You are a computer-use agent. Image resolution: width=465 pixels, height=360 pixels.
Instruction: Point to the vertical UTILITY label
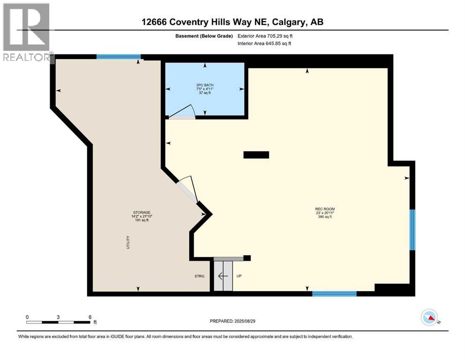[127, 242]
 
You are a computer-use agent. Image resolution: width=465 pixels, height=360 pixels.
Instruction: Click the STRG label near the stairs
[200, 276]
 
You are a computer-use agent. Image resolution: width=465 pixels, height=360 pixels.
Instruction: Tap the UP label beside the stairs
[239, 276]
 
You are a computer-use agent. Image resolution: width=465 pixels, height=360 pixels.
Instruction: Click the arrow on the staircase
[223, 276]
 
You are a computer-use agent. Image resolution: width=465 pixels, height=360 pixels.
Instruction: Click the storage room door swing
[188, 187]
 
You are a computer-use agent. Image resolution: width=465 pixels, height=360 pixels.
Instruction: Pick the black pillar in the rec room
[256, 155]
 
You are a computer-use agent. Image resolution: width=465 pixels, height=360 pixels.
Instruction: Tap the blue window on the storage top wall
[118, 57]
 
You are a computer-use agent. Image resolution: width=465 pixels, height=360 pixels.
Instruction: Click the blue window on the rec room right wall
[412, 230]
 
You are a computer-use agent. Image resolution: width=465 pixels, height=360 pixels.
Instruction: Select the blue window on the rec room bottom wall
[334, 294]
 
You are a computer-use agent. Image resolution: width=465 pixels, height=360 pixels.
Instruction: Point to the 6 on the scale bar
[89, 317]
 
